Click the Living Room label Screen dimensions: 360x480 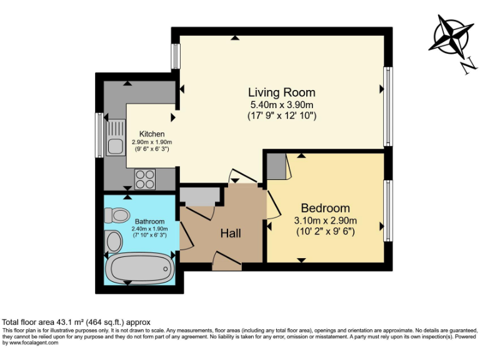tap(281, 92)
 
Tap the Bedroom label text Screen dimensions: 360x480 tap(325, 208)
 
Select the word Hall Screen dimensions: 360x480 tap(231, 234)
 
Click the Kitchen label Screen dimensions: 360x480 tap(152, 134)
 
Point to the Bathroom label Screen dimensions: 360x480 tap(149, 221)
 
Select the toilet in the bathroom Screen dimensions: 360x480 tap(116, 216)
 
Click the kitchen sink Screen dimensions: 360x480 tap(115, 146)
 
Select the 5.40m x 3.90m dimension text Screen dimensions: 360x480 tap(281, 104)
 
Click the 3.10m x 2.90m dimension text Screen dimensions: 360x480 tap(325, 220)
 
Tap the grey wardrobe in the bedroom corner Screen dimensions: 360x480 tap(276, 166)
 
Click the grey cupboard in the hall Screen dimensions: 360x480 tap(200, 196)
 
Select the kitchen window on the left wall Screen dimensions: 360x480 tap(99, 135)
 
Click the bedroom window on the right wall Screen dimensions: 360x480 tap(388, 211)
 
